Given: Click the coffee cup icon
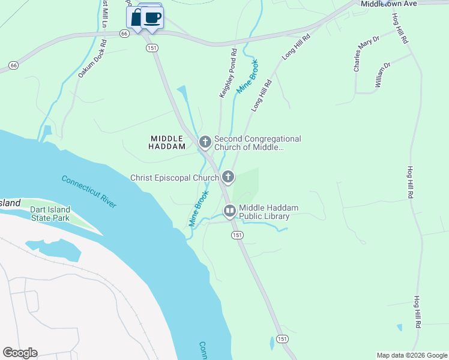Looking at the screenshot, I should (x=153, y=17).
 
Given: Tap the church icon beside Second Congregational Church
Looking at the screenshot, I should (x=205, y=142).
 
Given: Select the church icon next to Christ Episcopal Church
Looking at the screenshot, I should (x=228, y=177).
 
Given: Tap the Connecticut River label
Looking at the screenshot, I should (x=89, y=191).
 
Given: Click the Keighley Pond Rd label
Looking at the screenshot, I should (x=228, y=74).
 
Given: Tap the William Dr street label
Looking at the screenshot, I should (x=382, y=74).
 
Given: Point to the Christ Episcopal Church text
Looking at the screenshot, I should (x=175, y=178).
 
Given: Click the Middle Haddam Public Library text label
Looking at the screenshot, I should (x=268, y=212).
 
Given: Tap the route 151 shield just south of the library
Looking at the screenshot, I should (x=238, y=235).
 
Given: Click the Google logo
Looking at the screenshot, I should (x=20, y=353).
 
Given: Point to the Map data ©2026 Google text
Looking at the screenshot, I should (x=411, y=355).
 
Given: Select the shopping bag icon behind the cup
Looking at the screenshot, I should (x=136, y=17).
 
